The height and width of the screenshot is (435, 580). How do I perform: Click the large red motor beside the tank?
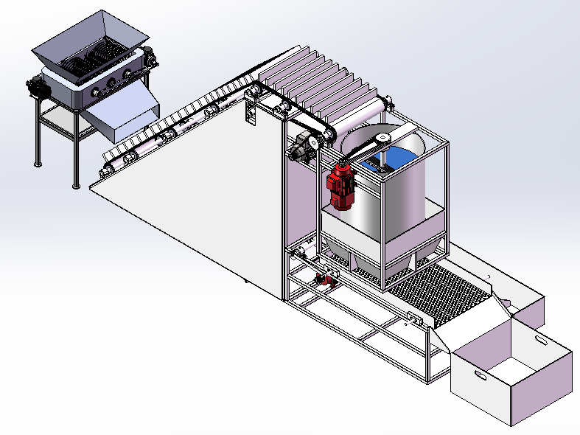[x=340, y=185]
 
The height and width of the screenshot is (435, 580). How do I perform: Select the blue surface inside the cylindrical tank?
[x=399, y=159]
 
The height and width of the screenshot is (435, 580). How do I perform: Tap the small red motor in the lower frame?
[x=321, y=279]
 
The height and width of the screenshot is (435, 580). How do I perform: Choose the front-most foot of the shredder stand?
[x=75, y=185]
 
